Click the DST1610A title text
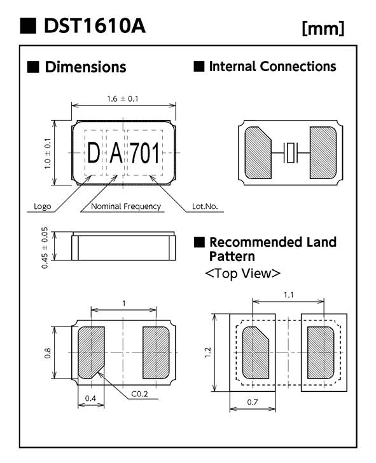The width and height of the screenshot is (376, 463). point(94,25)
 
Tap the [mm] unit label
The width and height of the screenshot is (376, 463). point(323,29)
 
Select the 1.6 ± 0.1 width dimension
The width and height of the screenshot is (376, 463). point(123,98)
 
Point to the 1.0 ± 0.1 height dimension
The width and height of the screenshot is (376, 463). point(47,153)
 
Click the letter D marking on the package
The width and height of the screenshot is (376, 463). point(94,152)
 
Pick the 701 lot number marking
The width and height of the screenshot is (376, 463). point(144,152)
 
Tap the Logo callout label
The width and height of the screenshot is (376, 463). point(42,206)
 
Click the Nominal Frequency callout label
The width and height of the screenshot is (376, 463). point(126,206)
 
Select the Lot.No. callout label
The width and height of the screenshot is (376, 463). point(205,206)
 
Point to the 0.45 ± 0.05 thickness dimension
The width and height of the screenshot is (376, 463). point(45,248)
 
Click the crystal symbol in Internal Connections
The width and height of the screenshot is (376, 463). point(290,152)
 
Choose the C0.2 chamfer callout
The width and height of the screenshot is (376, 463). point(139,394)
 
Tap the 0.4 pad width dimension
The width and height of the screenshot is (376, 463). point(90,398)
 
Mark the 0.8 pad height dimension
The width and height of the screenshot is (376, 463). point(47,353)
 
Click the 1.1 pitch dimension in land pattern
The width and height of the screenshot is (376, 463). point(288,295)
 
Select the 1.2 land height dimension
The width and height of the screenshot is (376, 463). point(207,352)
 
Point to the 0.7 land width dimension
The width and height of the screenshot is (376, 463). point(253,402)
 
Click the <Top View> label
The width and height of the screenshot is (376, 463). point(242,273)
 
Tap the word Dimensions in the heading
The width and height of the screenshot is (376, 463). point(85,67)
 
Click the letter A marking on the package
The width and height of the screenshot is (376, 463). point(116,152)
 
